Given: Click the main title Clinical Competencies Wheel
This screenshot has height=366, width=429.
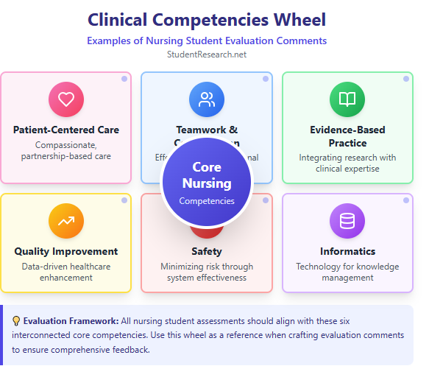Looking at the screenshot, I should click(207, 19).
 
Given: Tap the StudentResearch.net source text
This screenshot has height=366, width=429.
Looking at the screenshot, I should click(207, 54).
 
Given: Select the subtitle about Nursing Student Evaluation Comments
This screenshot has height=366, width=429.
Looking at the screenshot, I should click(207, 41).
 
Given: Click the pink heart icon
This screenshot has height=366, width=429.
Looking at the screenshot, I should click(66, 99).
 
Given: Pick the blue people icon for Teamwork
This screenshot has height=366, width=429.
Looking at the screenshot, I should click(207, 99).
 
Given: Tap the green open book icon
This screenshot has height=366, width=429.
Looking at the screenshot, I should click(347, 99).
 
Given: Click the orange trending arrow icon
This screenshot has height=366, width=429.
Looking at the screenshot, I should click(66, 221).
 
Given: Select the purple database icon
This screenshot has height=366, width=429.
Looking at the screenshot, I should click(347, 221).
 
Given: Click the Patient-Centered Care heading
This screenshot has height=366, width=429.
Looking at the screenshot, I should click(66, 130).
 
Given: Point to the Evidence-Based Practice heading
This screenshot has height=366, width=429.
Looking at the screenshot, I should click(347, 136).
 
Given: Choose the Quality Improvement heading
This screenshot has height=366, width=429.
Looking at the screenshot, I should click(66, 251).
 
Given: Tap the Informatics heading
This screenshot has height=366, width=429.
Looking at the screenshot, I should click(347, 251).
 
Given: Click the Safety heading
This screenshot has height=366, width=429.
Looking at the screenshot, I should click(207, 251).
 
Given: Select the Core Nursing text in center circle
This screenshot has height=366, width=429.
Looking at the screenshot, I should click(207, 175).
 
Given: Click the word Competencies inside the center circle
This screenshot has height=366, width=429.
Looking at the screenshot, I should click(207, 200).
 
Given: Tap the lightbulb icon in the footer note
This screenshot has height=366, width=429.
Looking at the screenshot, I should click(16, 320).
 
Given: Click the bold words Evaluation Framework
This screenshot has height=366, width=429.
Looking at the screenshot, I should click(70, 320).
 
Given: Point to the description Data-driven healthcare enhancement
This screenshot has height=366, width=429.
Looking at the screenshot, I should click(66, 272).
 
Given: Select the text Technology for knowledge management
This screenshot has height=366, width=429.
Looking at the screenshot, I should click(347, 272).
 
